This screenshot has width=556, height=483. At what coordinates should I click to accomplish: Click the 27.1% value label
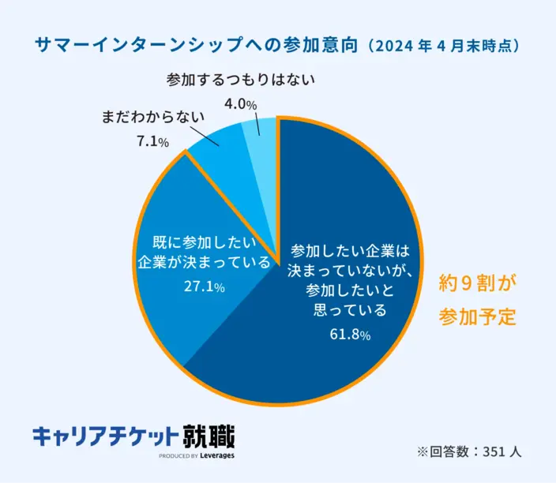(204, 286)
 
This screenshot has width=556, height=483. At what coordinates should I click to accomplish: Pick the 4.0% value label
(240, 104)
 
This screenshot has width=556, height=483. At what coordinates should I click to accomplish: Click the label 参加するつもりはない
(241, 80)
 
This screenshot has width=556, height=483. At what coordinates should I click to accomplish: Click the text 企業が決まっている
(204, 262)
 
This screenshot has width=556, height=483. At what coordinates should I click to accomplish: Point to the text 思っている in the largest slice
(348, 310)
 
